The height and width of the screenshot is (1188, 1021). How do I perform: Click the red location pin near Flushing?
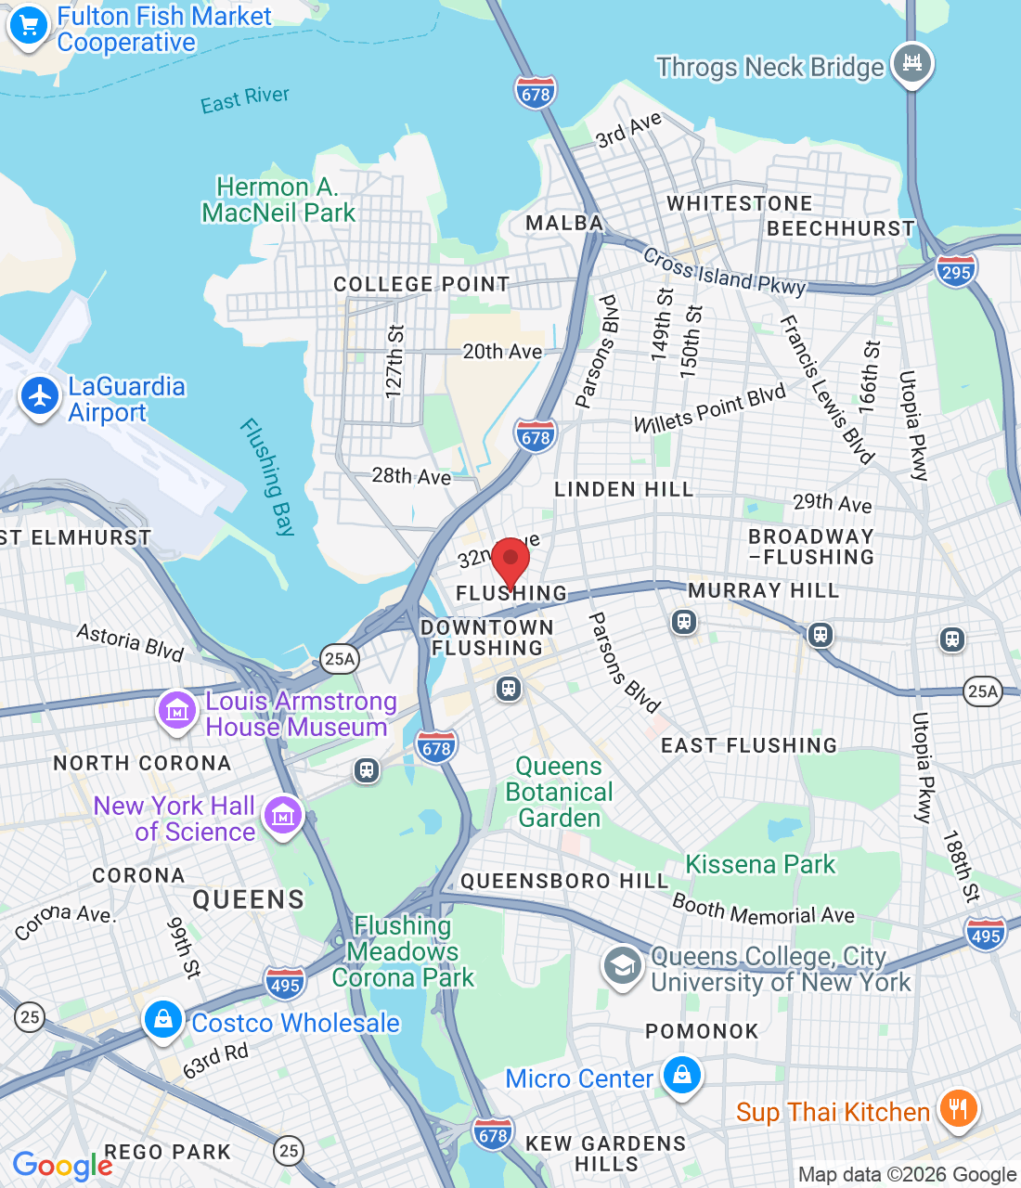pyautogui.click(x=510, y=561)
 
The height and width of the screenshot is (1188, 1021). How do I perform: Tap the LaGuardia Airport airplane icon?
pyautogui.click(x=40, y=396)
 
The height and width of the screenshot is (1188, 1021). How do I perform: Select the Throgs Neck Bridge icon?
pyautogui.click(x=911, y=63)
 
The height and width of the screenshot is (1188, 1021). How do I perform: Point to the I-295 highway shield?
pyautogui.click(x=955, y=271)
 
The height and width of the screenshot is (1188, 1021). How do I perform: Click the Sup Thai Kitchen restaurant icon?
pyautogui.click(x=958, y=1109)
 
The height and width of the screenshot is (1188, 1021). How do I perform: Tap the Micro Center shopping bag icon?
pyautogui.click(x=682, y=1076)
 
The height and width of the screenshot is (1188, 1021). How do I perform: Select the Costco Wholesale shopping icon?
pyautogui.click(x=163, y=1020)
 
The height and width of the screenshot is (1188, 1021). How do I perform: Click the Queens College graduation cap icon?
pyautogui.click(x=623, y=967)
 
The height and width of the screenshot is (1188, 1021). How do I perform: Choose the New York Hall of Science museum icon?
pyautogui.click(x=283, y=816)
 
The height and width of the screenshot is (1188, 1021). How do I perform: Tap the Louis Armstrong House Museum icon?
pyautogui.click(x=176, y=711)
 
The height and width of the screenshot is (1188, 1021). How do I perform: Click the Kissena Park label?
pyautogui.click(x=760, y=864)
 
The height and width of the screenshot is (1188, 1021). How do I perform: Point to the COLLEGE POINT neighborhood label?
pyautogui.click(x=421, y=284)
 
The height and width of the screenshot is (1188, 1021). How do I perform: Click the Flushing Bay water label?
pyautogui.click(x=267, y=477)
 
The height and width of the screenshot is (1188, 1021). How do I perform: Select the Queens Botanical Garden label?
pyautogui.click(x=559, y=792)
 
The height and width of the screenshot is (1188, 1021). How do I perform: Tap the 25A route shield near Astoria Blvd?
pyautogui.click(x=340, y=659)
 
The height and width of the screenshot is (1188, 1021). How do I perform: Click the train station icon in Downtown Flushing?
pyautogui.click(x=508, y=688)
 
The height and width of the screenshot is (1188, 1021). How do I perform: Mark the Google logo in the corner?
pyautogui.click(x=62, y=1166)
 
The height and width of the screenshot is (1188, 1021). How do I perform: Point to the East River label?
pyautogui.click(x=245, y=99)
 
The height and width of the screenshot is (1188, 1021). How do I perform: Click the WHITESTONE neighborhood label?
pyautogui.click(x=739, y=203)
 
